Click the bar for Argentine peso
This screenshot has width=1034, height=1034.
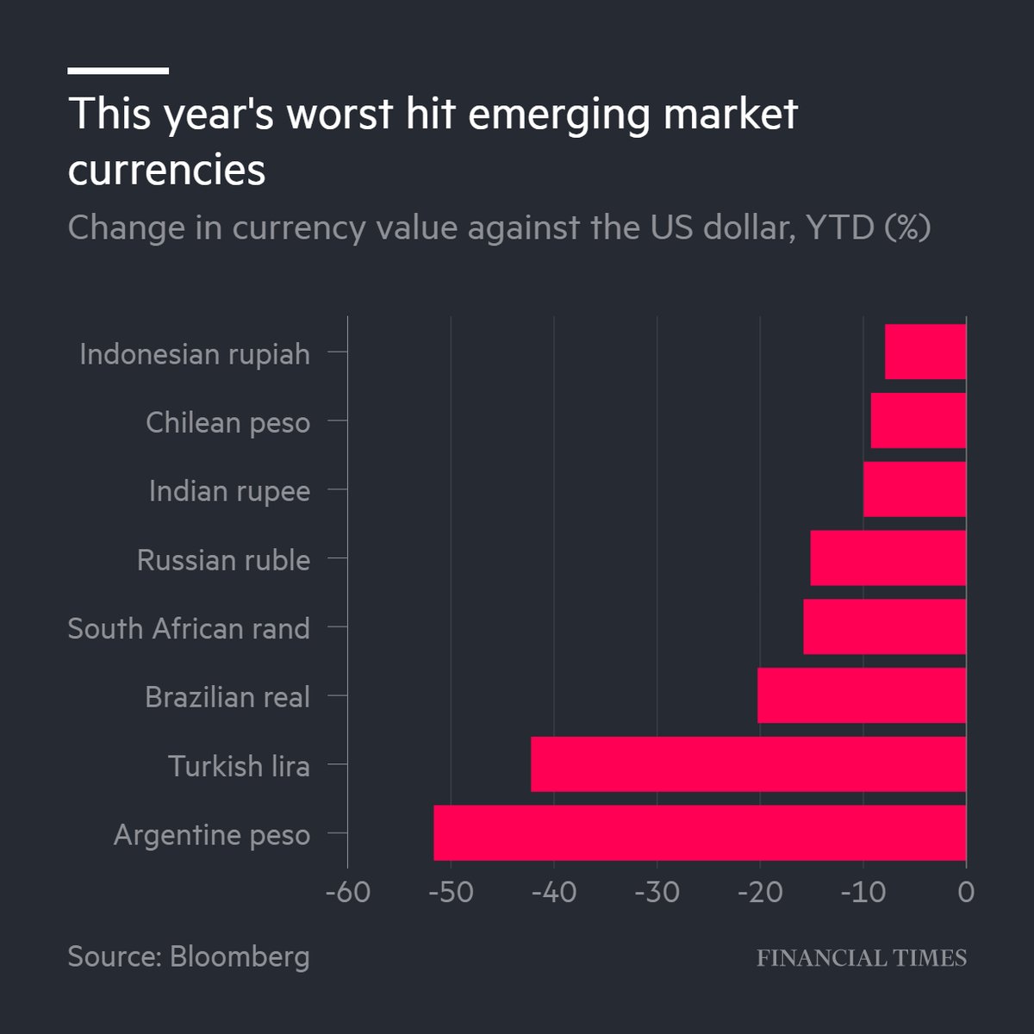(x=700, y=832)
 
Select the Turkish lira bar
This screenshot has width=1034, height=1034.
(x=748, y=763)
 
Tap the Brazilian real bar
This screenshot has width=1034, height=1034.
(x=862, y=695)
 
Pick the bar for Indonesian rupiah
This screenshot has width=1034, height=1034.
(x=925, y=352)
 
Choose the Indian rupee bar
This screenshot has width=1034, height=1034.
(x=914, y=489)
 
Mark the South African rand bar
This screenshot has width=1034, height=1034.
(x=884, y=626)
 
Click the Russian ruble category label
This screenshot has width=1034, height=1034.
(x=223, y=560)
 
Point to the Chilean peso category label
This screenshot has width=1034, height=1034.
(x=227, y=422)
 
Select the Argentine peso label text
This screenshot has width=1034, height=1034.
(x=211, y=835)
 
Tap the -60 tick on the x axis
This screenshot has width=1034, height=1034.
(x=348, y=892)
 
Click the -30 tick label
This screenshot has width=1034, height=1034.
(x=657, y=892)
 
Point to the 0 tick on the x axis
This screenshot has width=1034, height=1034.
(x=966, y=892)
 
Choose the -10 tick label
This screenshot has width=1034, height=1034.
(x=863, y=892)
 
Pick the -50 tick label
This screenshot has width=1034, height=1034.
(x=451, y=892)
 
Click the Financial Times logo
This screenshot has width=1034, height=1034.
(x=861, y=958)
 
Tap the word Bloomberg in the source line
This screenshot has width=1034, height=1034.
(x=240, y=956)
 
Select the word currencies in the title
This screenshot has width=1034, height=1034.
(x=166, y=169)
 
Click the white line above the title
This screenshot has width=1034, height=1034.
(x=118, y=71)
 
